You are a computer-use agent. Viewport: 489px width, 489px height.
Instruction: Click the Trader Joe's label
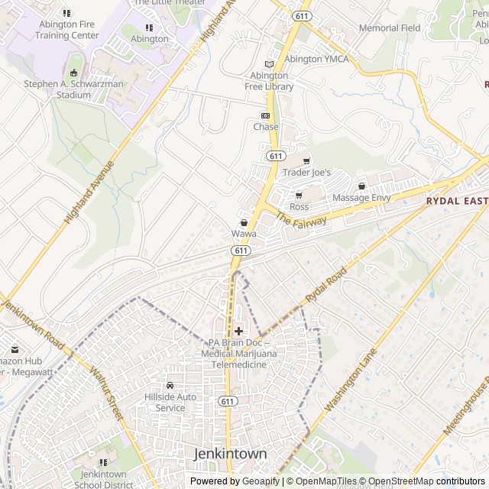point(306,173)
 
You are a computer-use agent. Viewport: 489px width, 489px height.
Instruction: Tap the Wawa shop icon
point(244,222)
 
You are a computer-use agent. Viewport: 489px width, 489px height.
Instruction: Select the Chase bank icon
point(266,115)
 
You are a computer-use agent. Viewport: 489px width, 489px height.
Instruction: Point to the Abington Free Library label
point(269,81)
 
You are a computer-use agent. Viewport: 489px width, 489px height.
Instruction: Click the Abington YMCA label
point(316,59)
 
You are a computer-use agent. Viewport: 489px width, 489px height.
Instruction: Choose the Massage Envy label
point(361,198)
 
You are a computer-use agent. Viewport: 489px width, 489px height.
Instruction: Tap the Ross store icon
point(299,196)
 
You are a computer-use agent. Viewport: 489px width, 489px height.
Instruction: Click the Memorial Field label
point(389,28)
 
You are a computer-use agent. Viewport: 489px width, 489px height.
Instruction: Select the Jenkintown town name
point(231,454)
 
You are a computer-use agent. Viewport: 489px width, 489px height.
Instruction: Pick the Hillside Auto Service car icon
point(170,385)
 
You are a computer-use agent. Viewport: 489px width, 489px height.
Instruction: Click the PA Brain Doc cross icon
point(239,331)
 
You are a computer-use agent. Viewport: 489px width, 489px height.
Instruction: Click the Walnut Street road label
point(106,394)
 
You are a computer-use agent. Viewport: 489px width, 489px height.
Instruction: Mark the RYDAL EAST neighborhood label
point(457,201)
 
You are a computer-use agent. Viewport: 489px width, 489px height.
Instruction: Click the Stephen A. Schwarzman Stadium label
point(73,89)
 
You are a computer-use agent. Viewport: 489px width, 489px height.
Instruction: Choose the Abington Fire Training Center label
point(69,30)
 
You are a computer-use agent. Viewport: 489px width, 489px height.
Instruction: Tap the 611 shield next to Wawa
point(241,250)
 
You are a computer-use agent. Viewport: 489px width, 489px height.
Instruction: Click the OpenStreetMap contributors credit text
point(423,481)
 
